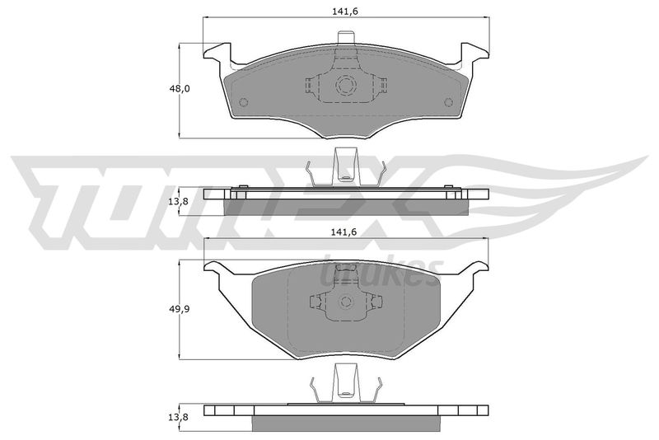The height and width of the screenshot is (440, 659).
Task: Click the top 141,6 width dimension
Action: (x=345, y=12)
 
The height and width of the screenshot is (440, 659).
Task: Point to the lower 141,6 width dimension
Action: (x=344, y=232)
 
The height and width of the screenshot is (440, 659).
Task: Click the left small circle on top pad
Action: (x=243, y=102)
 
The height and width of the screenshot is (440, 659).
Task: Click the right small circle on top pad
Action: (x=448, y=101)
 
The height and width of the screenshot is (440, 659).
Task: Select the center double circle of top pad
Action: (x=346, y=86)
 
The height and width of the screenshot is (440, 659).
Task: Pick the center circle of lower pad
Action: (x=346, y=302)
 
